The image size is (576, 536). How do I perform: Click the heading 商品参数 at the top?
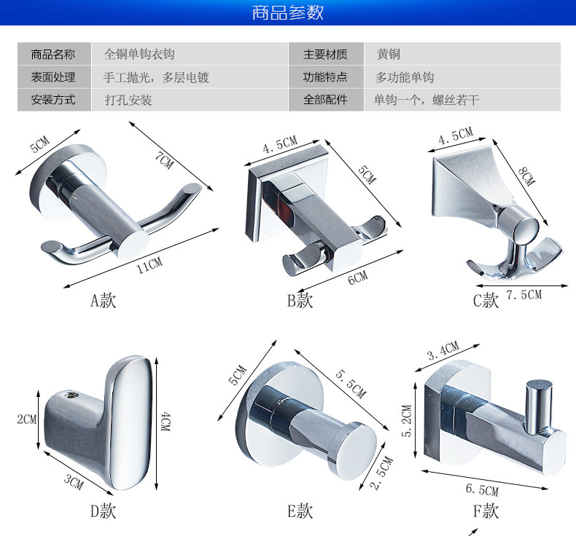click(x=287, y=13)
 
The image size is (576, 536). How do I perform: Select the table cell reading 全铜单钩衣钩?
click(x=139, y=55)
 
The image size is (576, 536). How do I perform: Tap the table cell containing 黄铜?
click(x=388, y=55)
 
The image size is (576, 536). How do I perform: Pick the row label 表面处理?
click(x=52, y=77)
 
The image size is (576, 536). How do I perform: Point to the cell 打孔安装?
click(x=128, y=100)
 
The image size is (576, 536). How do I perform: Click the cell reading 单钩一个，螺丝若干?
click(x=427, y=100)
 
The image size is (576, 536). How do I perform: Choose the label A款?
click(x=103, y=300)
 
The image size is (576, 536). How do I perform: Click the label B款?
click(x=300, y=300)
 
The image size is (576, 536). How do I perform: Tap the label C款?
click(x=486, y=300)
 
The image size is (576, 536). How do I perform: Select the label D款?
click(x=103, y=511)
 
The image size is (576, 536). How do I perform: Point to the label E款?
click(x=300, y=511)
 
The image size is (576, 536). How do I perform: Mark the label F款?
click(x=486, y=511)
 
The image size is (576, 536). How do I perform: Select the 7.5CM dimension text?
click(x=524, y=295)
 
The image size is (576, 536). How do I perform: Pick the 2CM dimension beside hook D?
click(x=26, y=419)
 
